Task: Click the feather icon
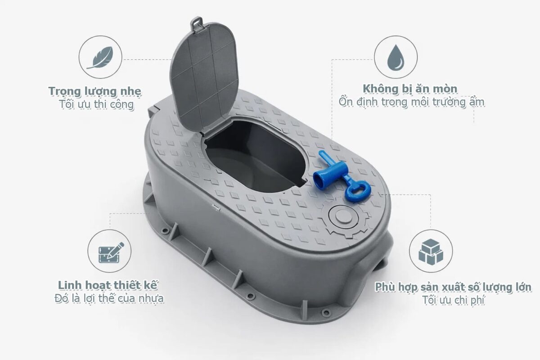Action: coord(100,57)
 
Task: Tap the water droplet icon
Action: coord(396,57)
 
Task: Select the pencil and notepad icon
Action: coord(110,252)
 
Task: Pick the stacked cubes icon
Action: coord(431,251)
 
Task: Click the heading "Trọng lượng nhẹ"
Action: coord(95,91)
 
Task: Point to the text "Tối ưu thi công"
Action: coord(96,104)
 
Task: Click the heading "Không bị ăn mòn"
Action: coord(410,89)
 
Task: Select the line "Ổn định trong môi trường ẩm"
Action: coord(411,102)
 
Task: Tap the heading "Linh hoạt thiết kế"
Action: coord(108,285)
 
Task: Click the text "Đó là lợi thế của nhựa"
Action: coord(109,298)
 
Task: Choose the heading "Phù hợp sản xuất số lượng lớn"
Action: coord(454,287)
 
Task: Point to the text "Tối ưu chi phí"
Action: coord(454,300)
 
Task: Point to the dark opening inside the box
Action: coord(254,157)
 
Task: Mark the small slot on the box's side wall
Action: coord(216,207)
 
